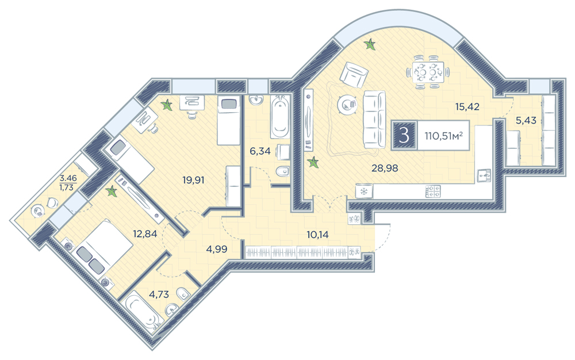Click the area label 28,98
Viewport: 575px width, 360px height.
pos(384,168)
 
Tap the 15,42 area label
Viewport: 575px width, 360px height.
pos(467,107)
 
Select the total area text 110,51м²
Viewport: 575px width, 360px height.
pos(443,136)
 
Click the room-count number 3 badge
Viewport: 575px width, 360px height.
pos(404,135)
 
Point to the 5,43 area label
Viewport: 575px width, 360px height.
pos(526,120)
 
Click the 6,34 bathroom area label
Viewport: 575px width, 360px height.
pos(260,151)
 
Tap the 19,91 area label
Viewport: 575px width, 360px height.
pos(193,181)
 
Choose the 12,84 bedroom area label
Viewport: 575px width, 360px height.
pos(145,234)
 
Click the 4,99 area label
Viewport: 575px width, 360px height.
pos(217,249)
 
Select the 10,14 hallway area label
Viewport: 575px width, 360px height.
pos(317,235)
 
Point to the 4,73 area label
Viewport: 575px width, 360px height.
pos(159,294)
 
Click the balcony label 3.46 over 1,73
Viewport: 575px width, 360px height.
pos(68,183)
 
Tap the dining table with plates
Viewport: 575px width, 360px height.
pos(428,72)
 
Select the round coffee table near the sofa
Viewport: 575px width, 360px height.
pos(347,104)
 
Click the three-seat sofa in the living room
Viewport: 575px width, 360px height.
pos(374,120)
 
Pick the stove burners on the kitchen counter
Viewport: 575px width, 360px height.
pos(433,191)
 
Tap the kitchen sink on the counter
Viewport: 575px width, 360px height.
pos(485,175)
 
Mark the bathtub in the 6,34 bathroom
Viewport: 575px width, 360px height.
pos(280,117)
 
